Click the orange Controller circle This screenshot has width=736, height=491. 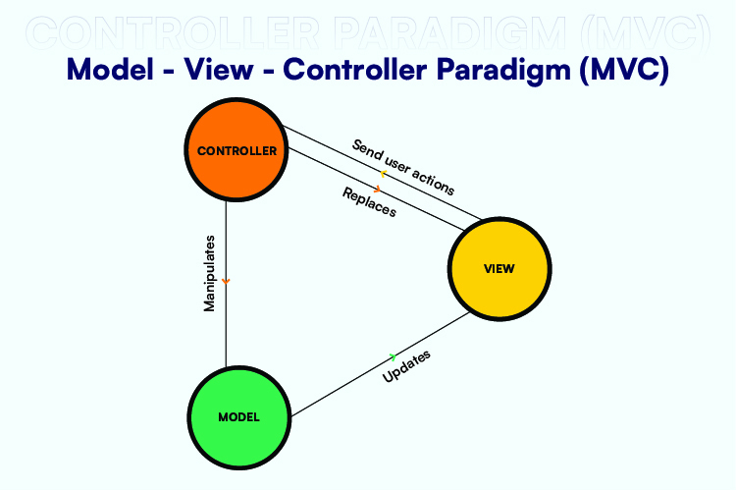[x=237, y=151]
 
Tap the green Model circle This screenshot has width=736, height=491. [x=238, y=416]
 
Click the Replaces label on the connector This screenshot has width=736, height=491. [x=369, y=201]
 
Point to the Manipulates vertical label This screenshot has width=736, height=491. [x=209, y=273]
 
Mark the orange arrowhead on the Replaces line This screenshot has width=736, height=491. [x=377, y=188]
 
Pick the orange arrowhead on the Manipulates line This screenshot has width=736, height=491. [x=227, y=282]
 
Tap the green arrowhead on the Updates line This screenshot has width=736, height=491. [x=393, y=355]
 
